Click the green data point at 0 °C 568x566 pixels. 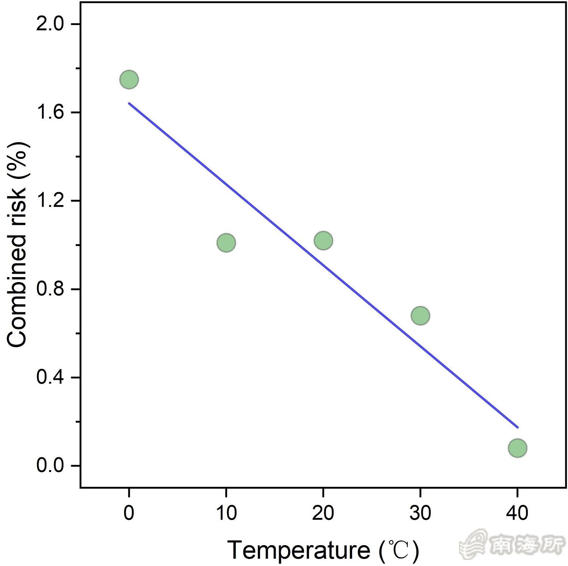tap(129, 80)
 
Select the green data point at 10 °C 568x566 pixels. tap(226, 243)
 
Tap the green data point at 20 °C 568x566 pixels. tap(323, 240)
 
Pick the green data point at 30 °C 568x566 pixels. tap(420, 315)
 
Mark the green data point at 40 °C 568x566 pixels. tap(517, 448)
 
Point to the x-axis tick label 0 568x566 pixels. tap(129, 513)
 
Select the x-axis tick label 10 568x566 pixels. tap(226, 513)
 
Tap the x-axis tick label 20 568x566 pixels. tap(323, 513)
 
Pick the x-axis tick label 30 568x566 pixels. tap(420, 513)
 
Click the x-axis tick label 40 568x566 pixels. tap(517, 513)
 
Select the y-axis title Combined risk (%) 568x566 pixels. tap(17, 245)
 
